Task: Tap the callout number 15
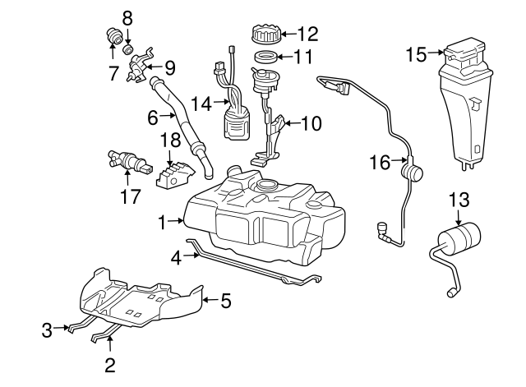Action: [x=416, y=54]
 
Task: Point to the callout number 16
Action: [x=379, y=163]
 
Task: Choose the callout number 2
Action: [x=109, y=362]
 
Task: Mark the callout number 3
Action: [x=48, y=330]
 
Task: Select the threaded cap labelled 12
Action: [x=265, y=35]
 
